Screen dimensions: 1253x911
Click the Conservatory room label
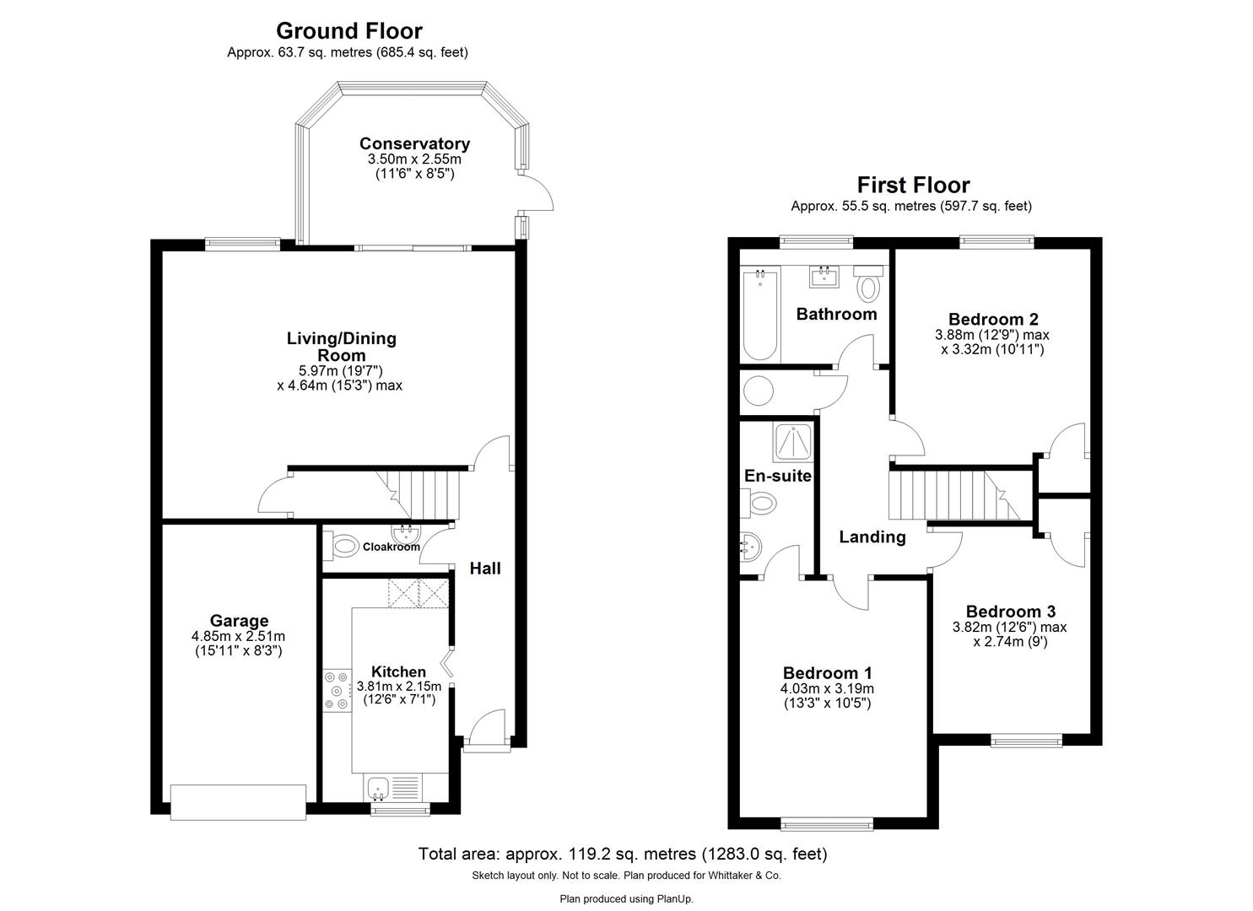coord(414,143)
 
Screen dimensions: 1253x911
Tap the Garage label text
coord(239,621)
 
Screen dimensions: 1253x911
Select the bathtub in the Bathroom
coord(759,314)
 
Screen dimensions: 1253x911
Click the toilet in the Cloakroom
coord(343,546)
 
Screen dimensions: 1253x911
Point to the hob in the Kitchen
coord(336,689)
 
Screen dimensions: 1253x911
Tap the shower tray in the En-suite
coord(793,440)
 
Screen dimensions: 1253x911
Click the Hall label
coord(485,569)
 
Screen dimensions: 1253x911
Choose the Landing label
coord(872,536)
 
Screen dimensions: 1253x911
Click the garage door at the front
coord(238,801)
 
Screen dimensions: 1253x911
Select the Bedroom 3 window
coord(1026,741)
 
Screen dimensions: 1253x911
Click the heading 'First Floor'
coord(913,185)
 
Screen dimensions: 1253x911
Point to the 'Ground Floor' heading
coord(348,31)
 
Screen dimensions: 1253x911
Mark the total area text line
coord(623,854)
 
